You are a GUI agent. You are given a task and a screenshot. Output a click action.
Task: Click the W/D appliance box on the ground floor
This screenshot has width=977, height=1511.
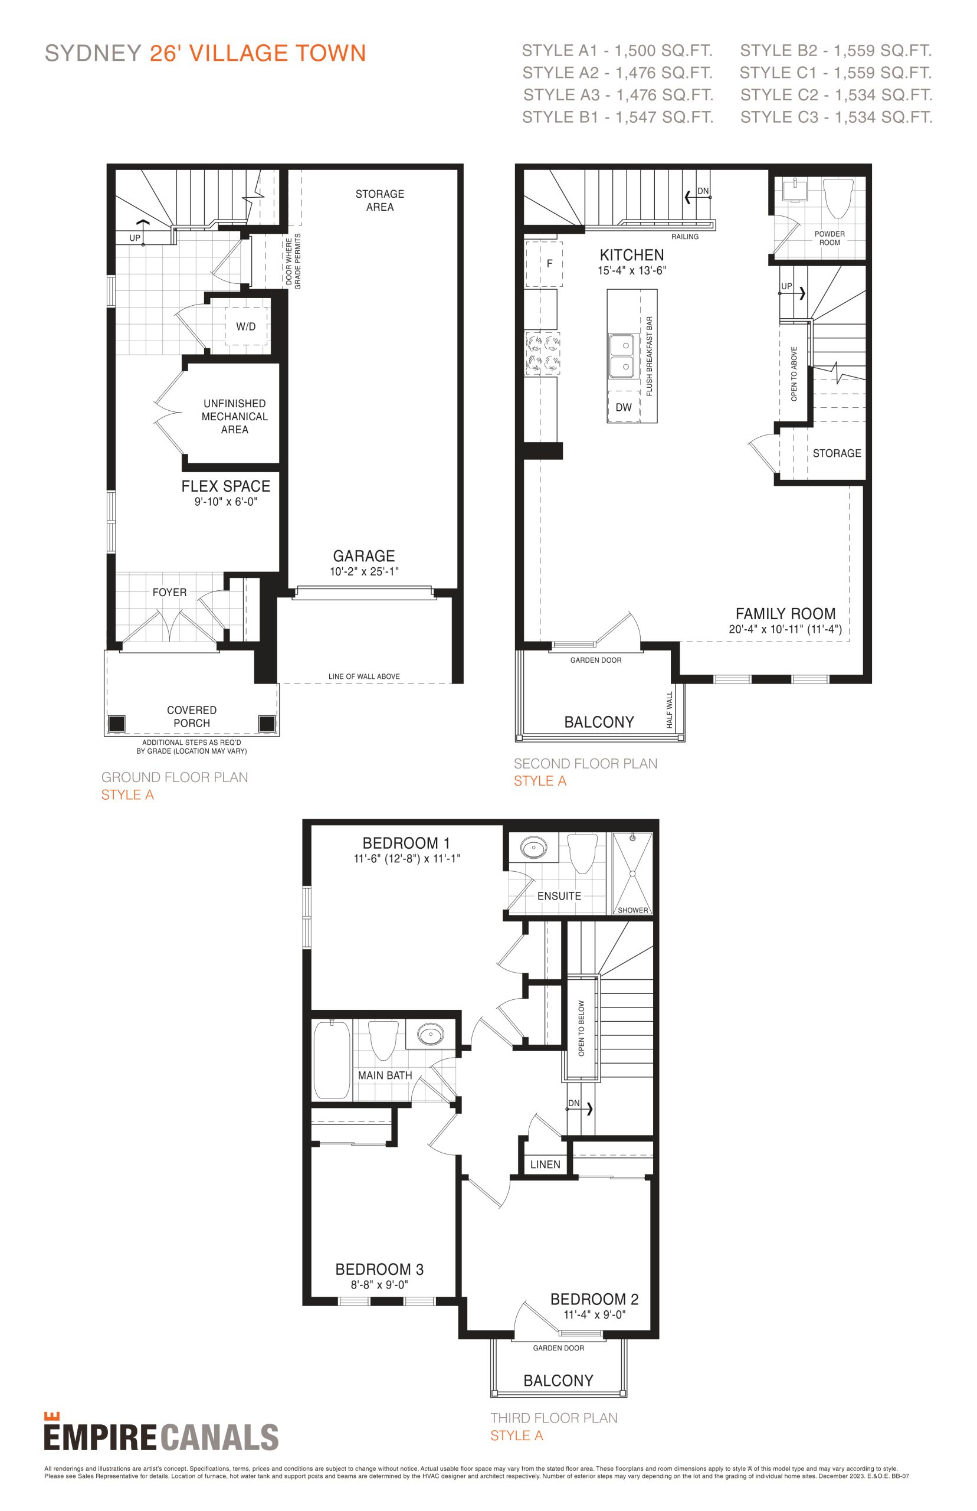(x=246, y=326)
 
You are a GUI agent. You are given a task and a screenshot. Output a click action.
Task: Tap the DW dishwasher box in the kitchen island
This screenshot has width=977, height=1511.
(x=624, y=407)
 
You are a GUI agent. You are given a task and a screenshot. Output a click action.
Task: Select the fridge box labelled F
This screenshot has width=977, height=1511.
(x=544, y=263)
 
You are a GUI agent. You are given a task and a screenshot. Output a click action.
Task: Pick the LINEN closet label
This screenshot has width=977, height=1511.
(x=545, y=1165)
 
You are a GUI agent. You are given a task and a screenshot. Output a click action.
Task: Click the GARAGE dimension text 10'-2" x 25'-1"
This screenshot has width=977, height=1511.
(x=364, y=571)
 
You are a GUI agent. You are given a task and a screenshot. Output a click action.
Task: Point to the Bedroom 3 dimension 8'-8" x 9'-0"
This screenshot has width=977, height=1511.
(x=379, y=1284)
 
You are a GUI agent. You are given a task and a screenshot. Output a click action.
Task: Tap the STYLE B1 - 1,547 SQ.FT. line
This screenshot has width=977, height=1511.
(x=617, y=117)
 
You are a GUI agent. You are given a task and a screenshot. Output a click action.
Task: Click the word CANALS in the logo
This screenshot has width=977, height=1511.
(x=219, y=1438)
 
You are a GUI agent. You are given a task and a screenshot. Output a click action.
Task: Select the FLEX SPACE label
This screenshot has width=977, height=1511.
(x=226, y=486)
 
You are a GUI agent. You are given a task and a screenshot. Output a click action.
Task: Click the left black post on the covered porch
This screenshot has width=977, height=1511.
(x=117, y=724)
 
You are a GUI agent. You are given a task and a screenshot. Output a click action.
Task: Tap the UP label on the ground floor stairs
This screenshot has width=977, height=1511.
(x=135, y=238)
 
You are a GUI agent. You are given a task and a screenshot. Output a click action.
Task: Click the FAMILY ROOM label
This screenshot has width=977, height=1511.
(x=785, y=614)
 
